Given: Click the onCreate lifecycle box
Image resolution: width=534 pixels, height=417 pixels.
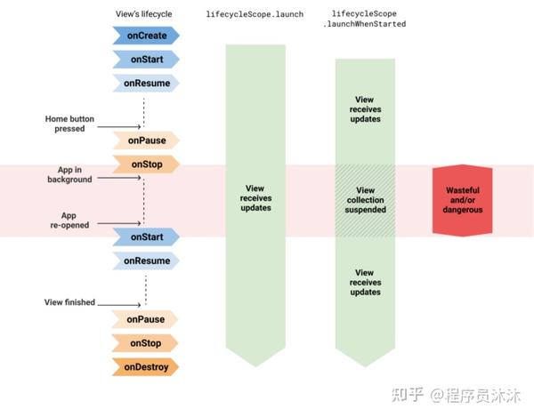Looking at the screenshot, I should (x=146, y=36).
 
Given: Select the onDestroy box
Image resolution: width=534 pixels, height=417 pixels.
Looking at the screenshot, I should (x=146, y=366).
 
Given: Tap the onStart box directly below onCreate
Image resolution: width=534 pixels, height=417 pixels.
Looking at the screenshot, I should (x=146, y=60).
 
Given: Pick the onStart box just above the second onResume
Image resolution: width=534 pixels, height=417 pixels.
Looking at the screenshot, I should (x=146, y=237).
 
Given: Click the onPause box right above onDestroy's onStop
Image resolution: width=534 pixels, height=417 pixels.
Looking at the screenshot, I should (x=146, y=318).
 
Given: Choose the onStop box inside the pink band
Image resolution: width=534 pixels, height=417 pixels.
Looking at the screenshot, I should (x=146, y=164).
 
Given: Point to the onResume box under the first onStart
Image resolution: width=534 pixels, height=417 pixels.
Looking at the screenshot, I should (x=146, y=84).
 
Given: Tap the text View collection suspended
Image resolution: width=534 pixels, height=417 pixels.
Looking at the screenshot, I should (x=365, y=200).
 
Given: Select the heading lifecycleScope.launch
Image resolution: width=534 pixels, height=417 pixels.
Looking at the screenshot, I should (x=255, y=14).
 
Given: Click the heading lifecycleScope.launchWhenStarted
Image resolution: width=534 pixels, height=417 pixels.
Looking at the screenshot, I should (x=364, y=19).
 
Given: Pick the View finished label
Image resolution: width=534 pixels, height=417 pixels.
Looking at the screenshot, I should (x=69, y=302).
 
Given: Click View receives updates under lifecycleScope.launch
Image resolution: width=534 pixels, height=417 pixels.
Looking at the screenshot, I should (x=255, y=198).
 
